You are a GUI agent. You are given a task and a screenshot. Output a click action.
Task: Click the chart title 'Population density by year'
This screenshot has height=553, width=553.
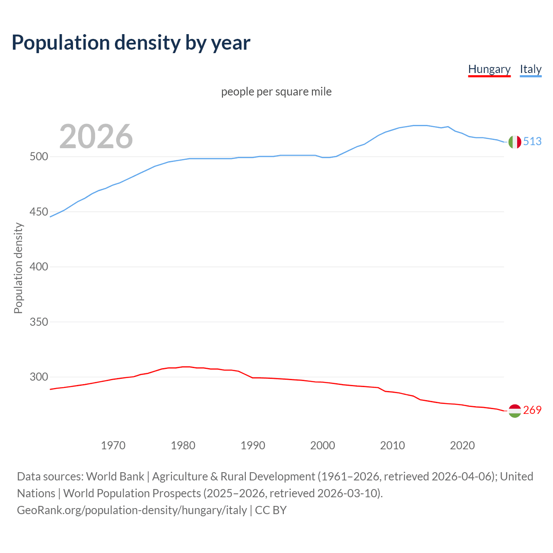(131, 43)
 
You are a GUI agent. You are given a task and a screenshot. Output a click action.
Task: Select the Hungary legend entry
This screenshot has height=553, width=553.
(489, 69)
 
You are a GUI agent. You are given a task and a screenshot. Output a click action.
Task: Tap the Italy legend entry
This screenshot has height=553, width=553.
(531, 69)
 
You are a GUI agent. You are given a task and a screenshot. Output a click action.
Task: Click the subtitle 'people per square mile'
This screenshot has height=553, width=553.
(276, 92)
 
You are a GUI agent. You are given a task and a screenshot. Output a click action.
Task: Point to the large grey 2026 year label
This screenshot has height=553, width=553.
(96, 137)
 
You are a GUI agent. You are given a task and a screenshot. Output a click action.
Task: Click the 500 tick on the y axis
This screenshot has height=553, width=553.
(38, 157)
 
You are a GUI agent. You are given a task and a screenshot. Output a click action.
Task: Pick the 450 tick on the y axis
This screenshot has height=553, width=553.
(38, 212)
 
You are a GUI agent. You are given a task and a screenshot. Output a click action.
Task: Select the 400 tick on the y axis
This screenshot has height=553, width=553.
(38, 267)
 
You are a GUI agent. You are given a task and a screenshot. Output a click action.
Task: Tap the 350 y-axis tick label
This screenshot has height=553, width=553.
(38, 322)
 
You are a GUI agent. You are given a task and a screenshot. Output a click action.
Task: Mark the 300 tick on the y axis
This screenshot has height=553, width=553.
(38, 377)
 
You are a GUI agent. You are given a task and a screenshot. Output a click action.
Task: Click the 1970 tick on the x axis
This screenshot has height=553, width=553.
(113, 445)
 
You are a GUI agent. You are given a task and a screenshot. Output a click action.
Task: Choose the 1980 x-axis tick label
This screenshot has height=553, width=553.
(183, 445)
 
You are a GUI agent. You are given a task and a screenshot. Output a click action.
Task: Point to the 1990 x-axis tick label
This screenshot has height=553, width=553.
(253, 445)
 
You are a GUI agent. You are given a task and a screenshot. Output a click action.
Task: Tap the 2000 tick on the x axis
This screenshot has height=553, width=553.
(323, 445)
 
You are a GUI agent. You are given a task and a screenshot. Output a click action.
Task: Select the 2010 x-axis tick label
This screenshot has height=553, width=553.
(392, 445)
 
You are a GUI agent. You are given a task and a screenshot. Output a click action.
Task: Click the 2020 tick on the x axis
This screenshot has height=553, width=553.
(462, 445)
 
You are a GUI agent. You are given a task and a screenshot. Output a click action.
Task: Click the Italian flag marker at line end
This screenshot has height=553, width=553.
(515, 142)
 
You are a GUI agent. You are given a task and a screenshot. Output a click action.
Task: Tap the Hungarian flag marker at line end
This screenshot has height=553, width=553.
(515, 411)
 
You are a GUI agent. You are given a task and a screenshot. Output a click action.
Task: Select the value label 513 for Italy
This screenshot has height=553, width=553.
(532, 142)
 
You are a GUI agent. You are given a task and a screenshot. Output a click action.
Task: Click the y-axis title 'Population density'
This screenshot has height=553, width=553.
(18, 268)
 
